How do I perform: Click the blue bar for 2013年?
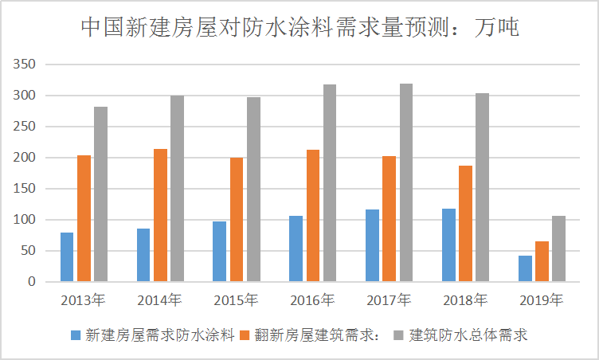(x=67, y=257)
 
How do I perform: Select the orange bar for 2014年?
(x=160, y=215)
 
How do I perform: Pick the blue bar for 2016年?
(x=296, y=248)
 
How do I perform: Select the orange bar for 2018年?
(x=466, y=224)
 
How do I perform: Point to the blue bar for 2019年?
(x=525, y=268)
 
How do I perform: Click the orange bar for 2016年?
(x=313, y=216)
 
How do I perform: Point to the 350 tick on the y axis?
(x=23, y=65)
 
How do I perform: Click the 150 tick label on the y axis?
(x=23, y=189)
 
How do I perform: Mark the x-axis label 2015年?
(x=236, y=301)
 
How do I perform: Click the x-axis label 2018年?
(x=465, y=301)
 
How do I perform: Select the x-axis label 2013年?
(x=83, y=301)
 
